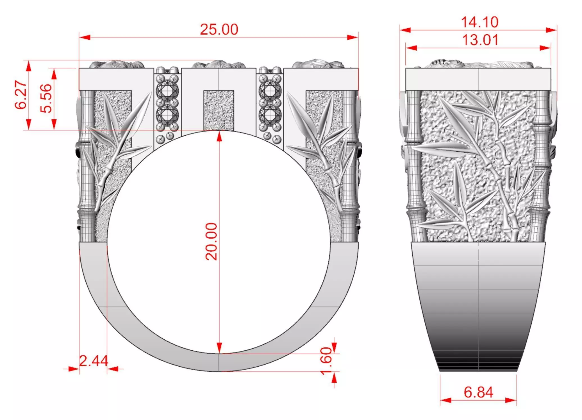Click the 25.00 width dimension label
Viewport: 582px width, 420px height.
point(219,29)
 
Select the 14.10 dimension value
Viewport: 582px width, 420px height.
point(480,22)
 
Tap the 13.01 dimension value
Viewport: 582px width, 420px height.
point(480,40)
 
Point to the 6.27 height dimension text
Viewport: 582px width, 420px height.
point(21,95)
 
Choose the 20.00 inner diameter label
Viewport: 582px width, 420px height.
point(211,241)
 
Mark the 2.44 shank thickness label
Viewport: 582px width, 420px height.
point(93,361)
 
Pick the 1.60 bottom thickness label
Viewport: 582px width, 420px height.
point(326,361)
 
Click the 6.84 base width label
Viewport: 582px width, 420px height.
point(478,392)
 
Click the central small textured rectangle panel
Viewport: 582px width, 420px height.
point(219,110)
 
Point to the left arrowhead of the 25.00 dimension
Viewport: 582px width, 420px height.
point(84,37)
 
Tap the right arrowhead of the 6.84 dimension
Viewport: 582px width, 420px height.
point(511,400)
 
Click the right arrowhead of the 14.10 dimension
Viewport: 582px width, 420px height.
point(552,30)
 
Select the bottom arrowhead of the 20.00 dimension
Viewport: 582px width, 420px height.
point(219,348)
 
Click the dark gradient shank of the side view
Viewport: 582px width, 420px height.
point(478,323)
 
